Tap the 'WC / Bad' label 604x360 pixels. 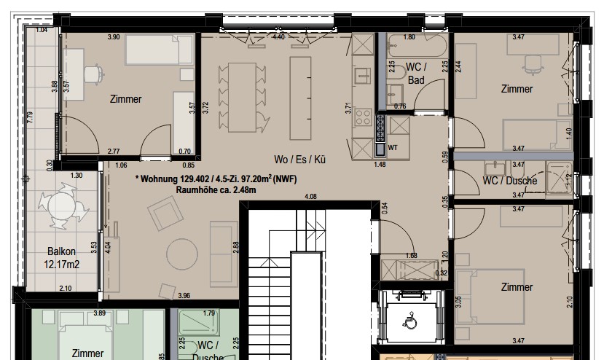416,74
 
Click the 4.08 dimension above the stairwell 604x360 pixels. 310,196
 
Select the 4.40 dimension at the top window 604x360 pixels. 278,36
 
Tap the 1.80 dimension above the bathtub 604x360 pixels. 409,36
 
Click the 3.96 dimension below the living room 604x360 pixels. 184,295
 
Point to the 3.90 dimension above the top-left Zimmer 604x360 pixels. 114,36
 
